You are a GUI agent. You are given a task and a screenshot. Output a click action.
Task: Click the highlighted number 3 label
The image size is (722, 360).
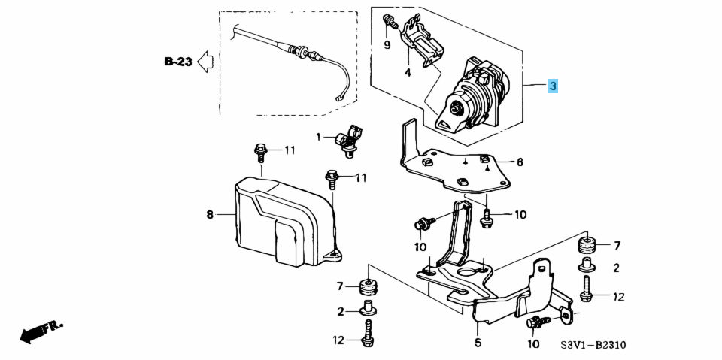point(553,86)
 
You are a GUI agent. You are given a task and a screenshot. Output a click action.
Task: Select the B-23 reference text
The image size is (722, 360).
point(177,62)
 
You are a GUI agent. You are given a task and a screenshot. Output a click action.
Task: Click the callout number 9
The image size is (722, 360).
point(387,45)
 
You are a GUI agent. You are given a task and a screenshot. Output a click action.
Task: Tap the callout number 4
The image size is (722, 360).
point(408,73)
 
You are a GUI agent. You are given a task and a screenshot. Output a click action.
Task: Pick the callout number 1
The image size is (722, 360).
point(318,137)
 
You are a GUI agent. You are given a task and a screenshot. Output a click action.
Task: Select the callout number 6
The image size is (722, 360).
point(519,162)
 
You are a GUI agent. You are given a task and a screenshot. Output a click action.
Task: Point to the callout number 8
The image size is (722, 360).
point(211,215)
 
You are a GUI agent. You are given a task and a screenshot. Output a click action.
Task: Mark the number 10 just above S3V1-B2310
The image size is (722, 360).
point(533,344)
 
